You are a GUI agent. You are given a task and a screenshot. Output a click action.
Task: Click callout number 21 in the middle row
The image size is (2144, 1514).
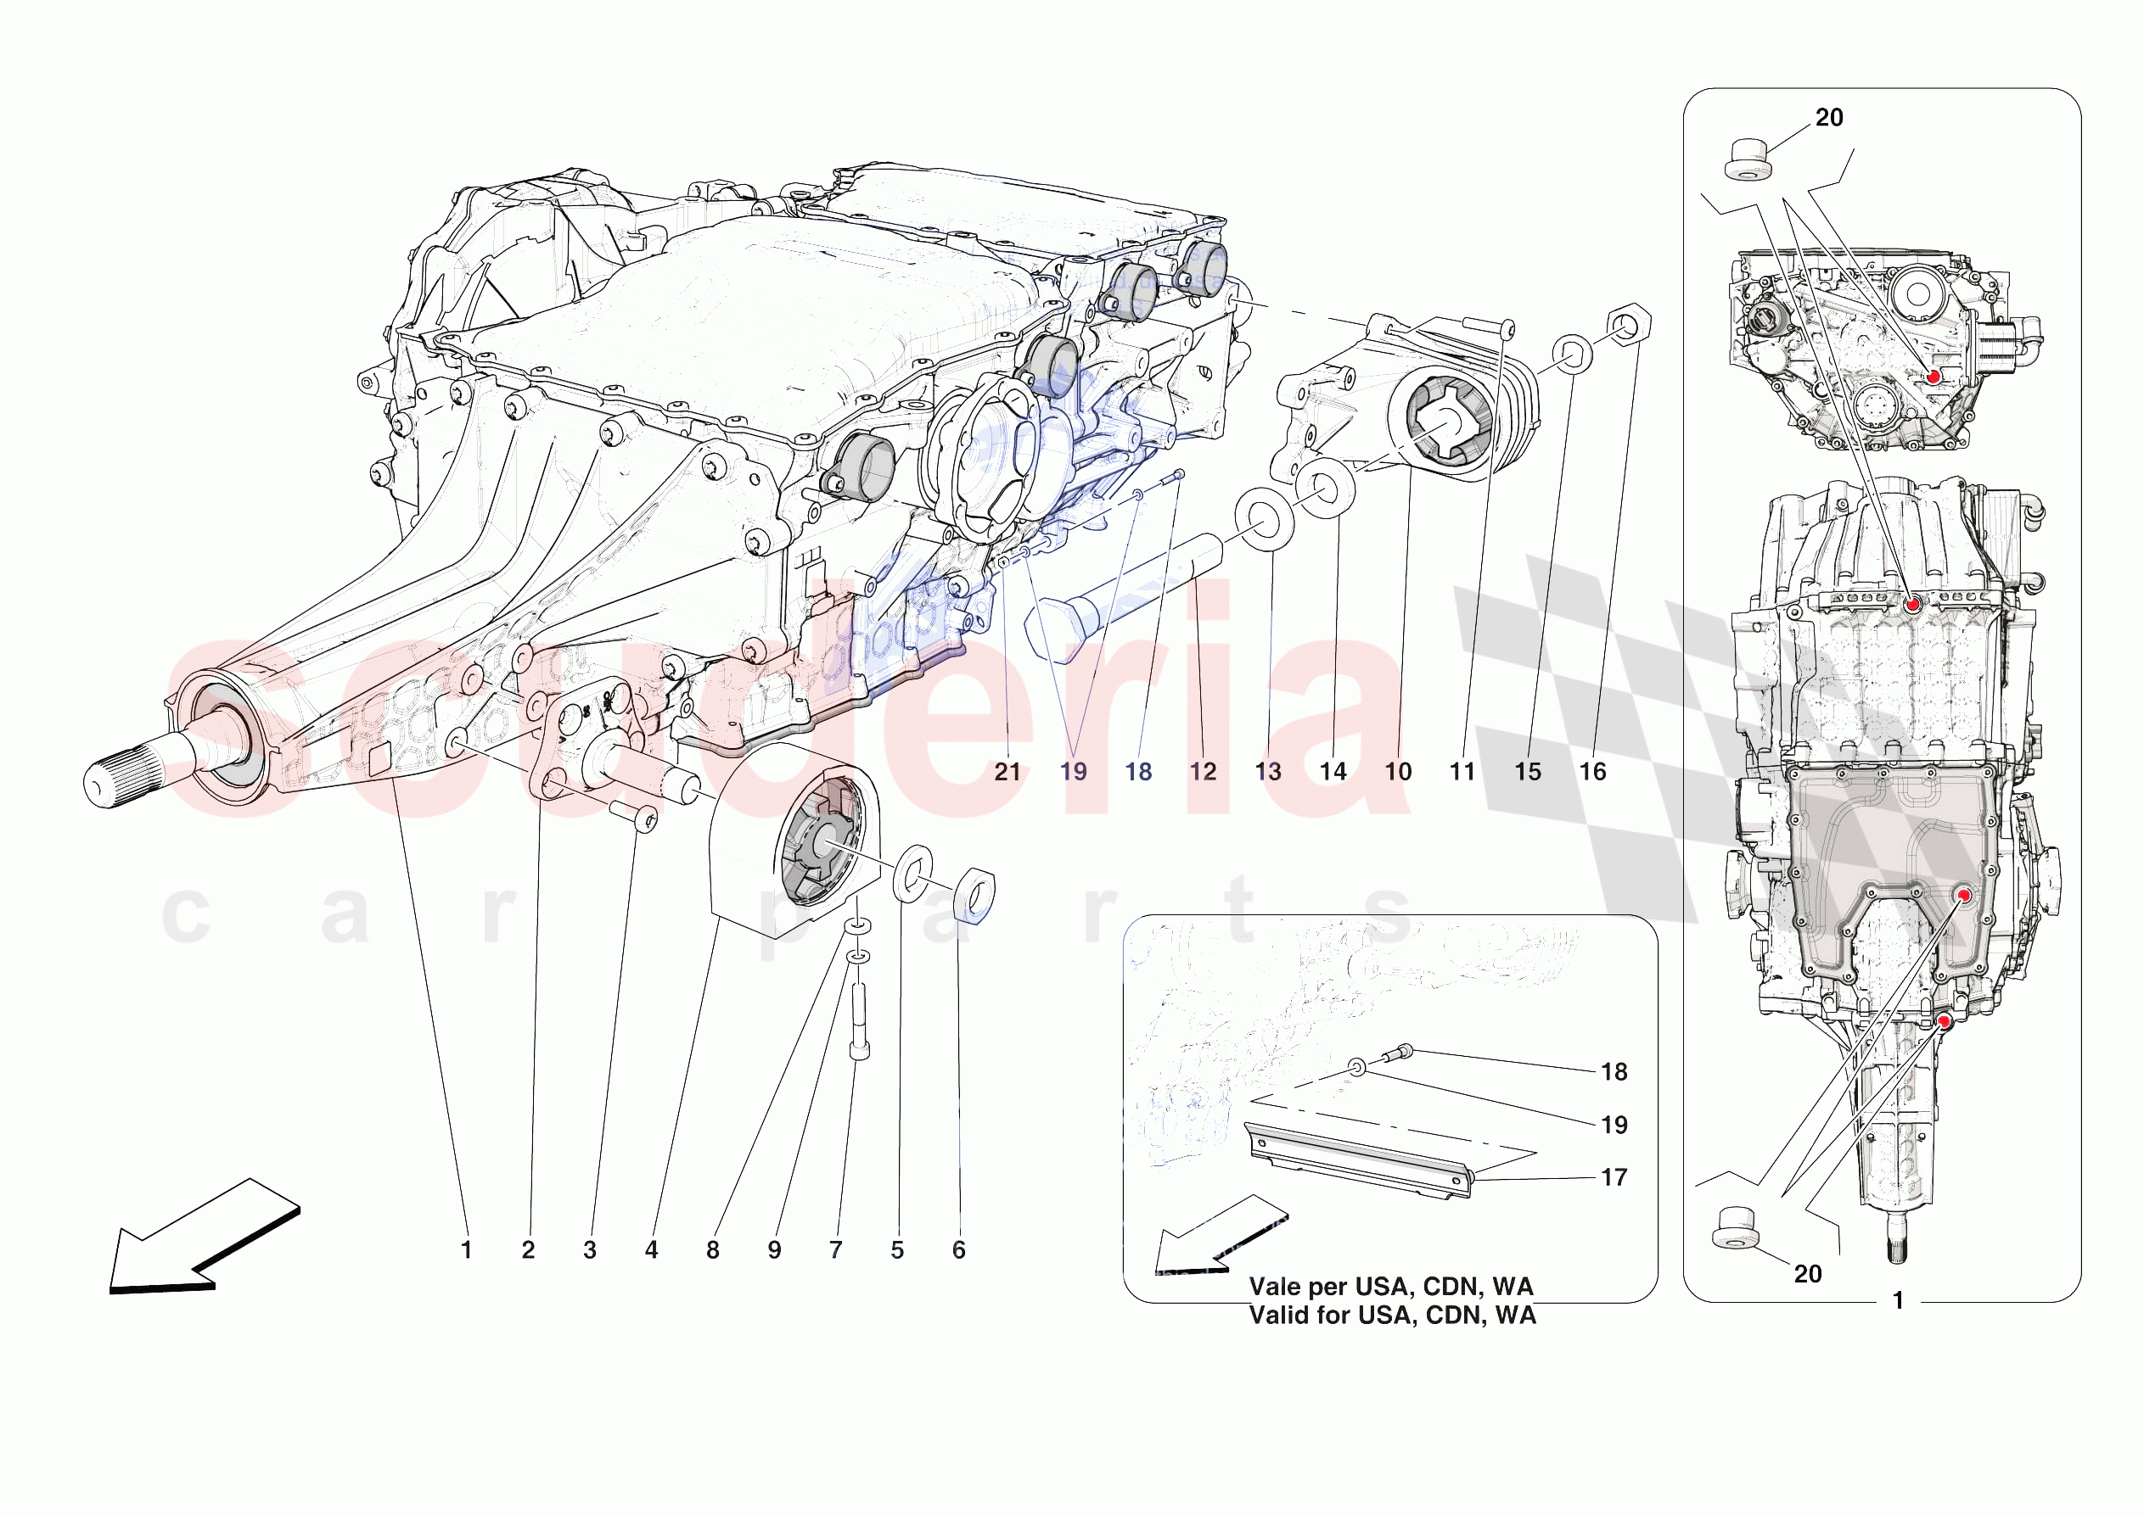[1007, 772]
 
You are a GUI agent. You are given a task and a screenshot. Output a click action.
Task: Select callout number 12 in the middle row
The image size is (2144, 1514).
[1203, 772]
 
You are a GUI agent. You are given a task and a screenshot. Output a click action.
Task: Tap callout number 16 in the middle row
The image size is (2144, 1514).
[1592, 772]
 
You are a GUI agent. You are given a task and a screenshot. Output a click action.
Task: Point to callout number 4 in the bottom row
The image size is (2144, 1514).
[651, 1250]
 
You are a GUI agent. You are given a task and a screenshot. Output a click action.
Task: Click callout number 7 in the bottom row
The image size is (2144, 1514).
[836, 1250]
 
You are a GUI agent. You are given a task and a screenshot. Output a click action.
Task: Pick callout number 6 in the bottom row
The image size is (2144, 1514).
[959, 1250]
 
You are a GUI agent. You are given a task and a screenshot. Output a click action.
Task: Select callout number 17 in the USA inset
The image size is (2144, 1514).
[1614, 1177]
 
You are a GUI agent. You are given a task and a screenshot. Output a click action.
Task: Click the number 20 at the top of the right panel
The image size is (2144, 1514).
[1828, 118]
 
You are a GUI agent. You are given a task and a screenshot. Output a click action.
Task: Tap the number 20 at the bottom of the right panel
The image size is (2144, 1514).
[1808, 1273]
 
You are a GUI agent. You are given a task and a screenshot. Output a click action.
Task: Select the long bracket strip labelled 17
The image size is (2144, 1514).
[1359, 1161]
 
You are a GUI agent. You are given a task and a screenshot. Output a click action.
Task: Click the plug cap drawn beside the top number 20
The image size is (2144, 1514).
[1748, 159]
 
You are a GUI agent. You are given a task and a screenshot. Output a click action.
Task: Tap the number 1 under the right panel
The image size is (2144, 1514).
[1898, 1300]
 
